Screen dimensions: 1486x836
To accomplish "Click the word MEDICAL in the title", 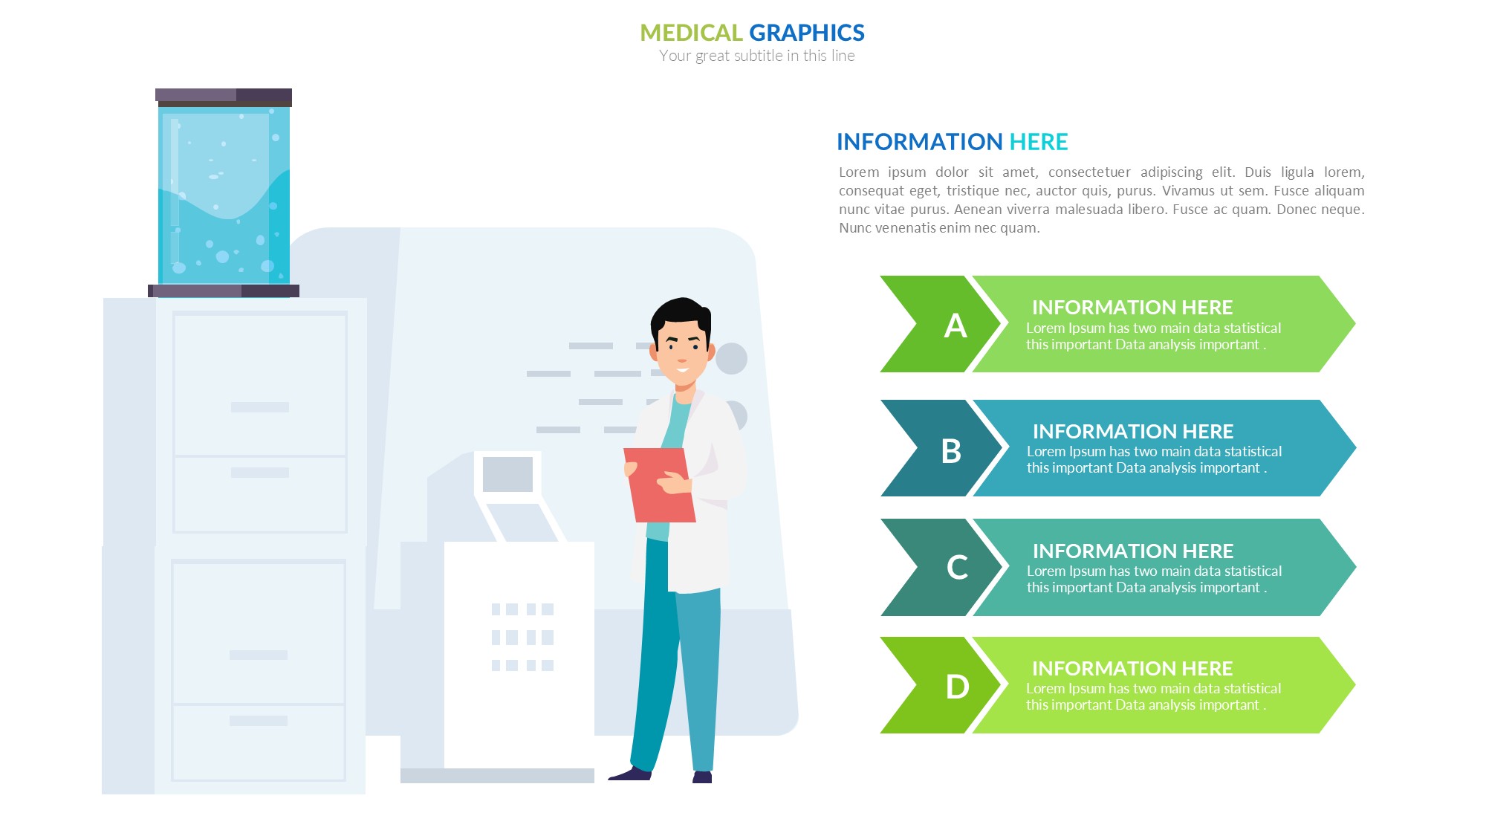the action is click(691, 33).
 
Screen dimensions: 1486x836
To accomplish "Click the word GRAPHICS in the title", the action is click(807, 33).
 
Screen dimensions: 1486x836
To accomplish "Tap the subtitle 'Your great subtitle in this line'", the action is click(756, 56).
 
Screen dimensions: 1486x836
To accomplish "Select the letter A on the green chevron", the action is click(955, 325).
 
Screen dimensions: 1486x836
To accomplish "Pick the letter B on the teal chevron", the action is click(951, 451).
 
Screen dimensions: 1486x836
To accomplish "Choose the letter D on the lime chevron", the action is click(957, 687).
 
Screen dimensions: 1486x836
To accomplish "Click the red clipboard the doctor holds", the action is click(659, 485).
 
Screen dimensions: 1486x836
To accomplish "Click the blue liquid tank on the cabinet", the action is click(224, 195).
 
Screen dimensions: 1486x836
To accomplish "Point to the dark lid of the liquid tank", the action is click(224, 97).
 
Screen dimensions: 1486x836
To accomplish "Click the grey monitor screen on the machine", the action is click(507, 474).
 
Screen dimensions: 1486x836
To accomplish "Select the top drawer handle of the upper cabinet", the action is click(260, 407).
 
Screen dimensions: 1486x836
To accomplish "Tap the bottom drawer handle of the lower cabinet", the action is click(259, 721).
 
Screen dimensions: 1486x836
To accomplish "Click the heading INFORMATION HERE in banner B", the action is click(1133, 431).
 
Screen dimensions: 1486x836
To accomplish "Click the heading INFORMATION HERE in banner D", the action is click(1132, 668).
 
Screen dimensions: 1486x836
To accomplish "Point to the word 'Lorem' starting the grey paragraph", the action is click(858, 172).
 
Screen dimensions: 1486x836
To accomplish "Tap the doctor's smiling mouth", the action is click(683, 369).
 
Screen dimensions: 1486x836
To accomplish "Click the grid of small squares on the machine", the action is click(522, 637).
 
